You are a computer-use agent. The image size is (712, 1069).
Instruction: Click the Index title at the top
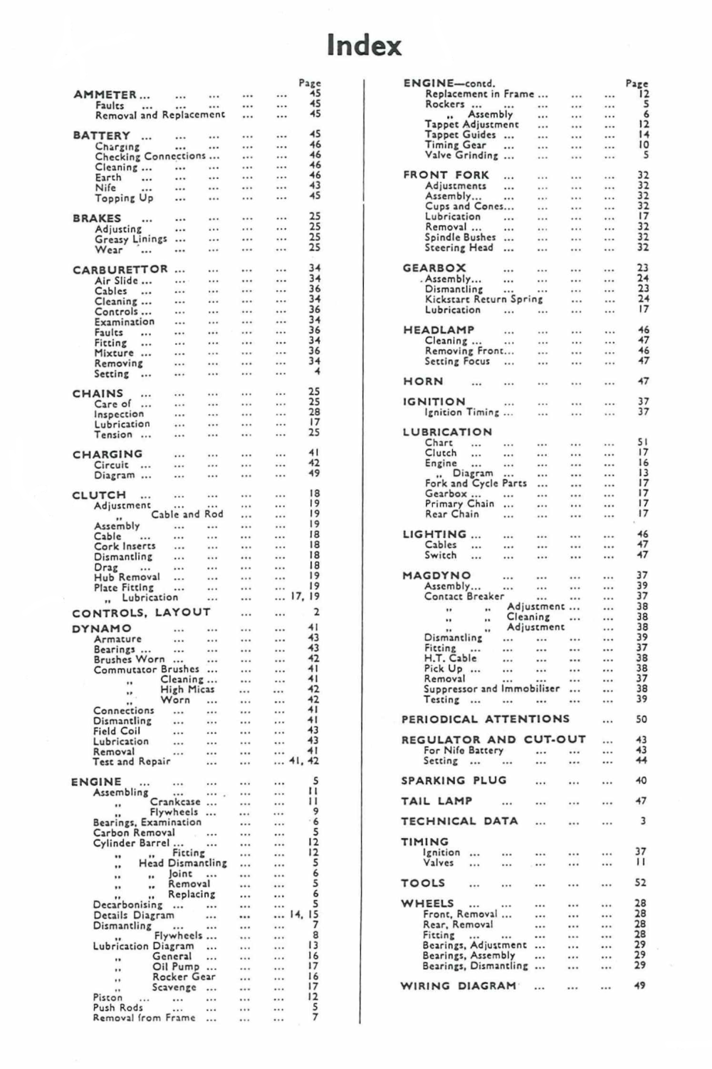364,46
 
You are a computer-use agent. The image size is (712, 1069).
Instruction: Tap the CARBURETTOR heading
120,269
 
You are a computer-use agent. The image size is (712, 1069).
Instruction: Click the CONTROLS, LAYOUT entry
141,612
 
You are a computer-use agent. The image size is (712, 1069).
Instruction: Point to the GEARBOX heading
434,268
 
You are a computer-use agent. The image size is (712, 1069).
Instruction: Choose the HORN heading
423,381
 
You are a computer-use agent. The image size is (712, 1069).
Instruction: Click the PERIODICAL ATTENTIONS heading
486,719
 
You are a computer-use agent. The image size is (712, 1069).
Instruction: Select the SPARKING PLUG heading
454,780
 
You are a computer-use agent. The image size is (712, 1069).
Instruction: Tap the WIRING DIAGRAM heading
459,986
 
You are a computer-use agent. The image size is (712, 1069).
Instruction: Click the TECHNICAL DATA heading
459,821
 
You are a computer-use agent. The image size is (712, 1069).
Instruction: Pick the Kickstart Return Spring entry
483,299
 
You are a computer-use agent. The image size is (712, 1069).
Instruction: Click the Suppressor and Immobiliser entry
491,689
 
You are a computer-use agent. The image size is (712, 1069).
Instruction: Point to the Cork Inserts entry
125,546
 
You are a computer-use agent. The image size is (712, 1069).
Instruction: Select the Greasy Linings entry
131,239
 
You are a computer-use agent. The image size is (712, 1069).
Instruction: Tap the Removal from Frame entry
144,1018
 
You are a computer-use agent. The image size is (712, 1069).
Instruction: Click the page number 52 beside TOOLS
640,882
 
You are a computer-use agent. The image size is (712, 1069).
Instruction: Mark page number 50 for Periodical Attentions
641,720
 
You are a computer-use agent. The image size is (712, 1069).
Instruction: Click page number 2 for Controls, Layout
316,612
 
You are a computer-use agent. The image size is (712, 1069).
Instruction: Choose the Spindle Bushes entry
460,237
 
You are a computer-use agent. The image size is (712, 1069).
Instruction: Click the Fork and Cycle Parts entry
476,483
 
